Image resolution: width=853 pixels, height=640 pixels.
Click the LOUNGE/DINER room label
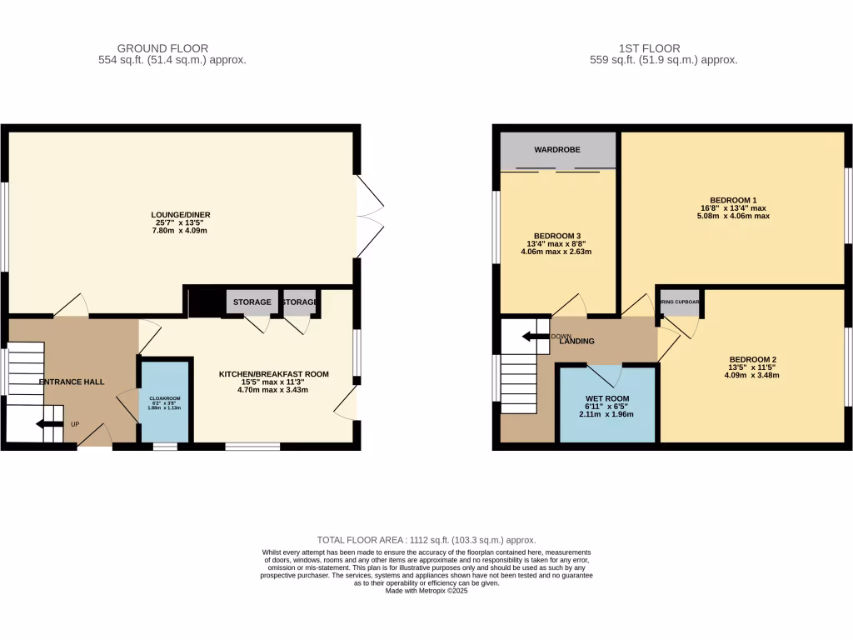182,214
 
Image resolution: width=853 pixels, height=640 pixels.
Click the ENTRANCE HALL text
72,382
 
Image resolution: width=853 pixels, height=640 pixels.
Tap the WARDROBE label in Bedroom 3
557,150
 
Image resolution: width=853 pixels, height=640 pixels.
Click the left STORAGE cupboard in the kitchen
252,302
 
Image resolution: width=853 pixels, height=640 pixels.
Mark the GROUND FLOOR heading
162,48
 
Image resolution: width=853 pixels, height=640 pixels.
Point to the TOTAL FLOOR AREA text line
426,540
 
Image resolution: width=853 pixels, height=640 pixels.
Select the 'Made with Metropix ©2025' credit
426,591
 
